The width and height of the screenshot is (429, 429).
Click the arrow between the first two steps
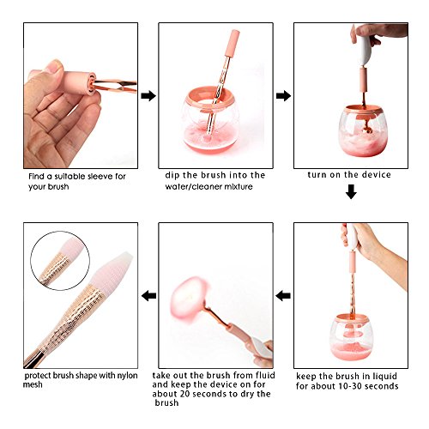[148, 96]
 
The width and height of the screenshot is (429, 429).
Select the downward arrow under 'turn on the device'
[351, 191]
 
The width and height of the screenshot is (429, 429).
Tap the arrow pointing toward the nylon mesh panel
[148, 296]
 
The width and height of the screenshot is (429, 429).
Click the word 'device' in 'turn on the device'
[376, 174]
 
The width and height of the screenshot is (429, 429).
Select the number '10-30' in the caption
[349, 386]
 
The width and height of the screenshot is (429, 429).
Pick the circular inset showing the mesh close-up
[60, 261]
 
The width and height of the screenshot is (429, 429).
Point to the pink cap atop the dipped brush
[233, 43]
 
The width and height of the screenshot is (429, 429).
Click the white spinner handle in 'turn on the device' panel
[364, 50]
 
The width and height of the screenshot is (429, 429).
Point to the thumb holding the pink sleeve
[51, 71]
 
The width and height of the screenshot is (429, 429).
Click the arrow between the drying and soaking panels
[283, 296]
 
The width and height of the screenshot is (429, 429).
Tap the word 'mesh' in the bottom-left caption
[33, 384]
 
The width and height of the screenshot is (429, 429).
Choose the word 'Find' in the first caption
[36, 176]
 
